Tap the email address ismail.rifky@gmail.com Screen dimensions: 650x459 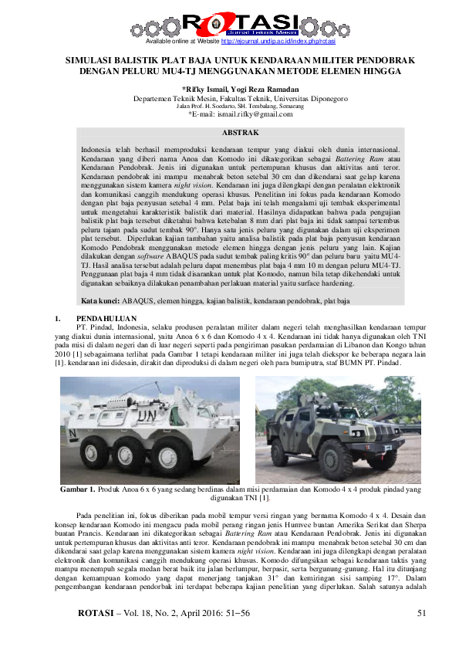point(251,113)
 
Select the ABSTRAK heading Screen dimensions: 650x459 point(228,133)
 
